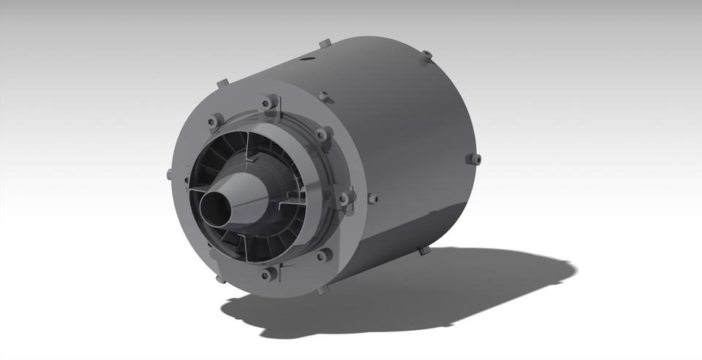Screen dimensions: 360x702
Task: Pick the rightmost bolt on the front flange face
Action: (344, 198)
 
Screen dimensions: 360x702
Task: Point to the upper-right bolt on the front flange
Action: (321, 135)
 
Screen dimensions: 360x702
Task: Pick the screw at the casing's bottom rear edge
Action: (423, 250)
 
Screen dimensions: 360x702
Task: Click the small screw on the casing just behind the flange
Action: (372, 198)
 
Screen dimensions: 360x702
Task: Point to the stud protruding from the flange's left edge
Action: (170, 174)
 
